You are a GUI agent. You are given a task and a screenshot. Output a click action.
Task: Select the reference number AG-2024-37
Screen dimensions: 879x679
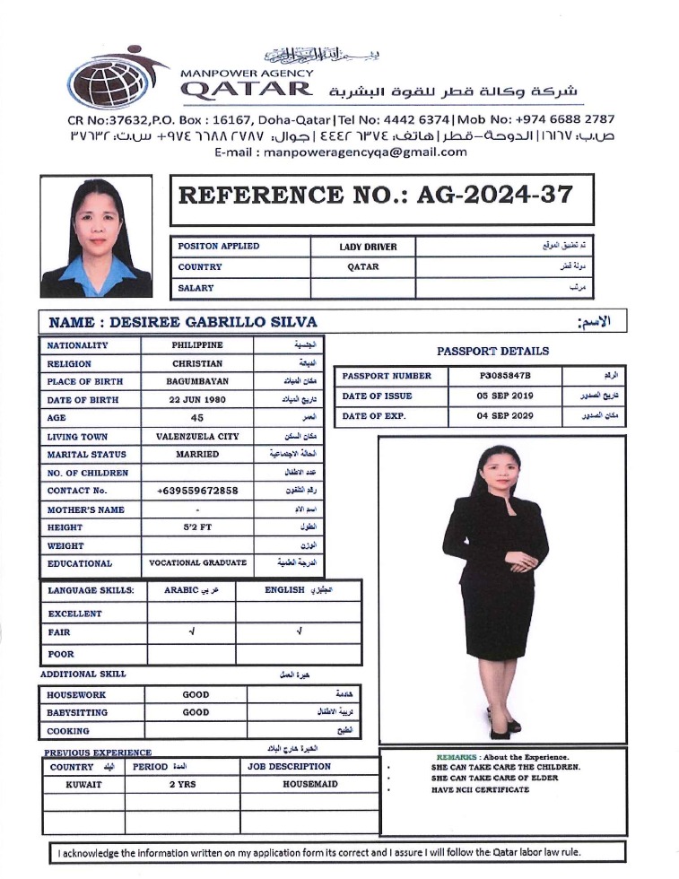[495, 196]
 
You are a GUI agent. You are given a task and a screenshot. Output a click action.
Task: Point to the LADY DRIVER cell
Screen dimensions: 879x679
[368, 246]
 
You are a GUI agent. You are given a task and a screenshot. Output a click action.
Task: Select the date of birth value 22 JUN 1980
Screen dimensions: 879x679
[197, 399]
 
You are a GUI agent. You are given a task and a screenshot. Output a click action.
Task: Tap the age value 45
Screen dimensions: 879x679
[197, 418]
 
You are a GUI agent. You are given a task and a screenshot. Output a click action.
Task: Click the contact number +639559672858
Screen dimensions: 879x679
[197, 491]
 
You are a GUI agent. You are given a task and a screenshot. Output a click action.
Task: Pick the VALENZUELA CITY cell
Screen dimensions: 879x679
[197, 436]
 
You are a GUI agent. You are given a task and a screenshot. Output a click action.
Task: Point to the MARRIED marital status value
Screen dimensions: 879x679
[197, 454]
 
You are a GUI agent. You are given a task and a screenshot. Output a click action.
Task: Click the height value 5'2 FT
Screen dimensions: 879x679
[197, 527]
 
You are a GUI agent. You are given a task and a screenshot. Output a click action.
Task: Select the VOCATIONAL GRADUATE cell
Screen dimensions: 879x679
[197, 563]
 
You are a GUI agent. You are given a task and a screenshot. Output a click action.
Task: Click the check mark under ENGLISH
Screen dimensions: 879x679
[298, 633]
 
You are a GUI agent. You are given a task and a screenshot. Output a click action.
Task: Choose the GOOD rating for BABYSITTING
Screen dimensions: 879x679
[196, 712]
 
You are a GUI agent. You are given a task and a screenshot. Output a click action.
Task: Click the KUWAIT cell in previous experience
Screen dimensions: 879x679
[83, 784]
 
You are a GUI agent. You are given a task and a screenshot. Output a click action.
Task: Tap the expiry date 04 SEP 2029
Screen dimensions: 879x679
[505, 416]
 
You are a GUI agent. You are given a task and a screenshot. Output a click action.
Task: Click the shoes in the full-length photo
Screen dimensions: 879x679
[503, 724]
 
